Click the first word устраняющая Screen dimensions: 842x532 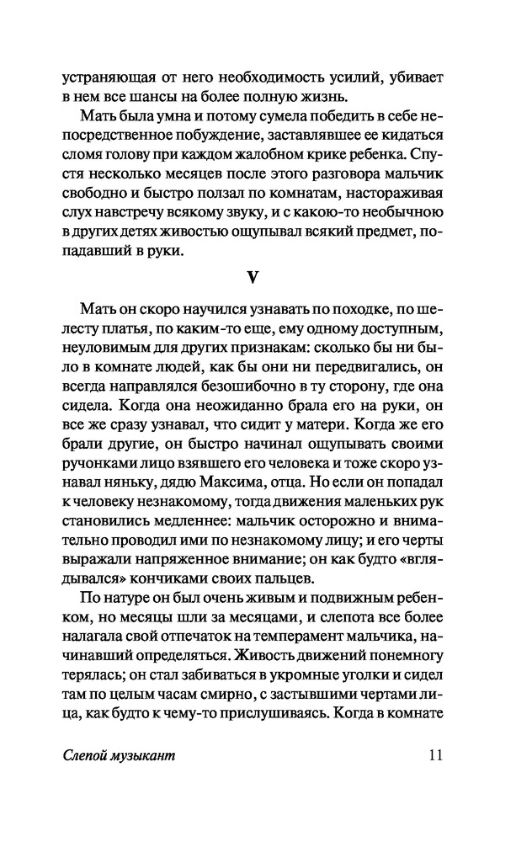(x=109, y=78)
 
